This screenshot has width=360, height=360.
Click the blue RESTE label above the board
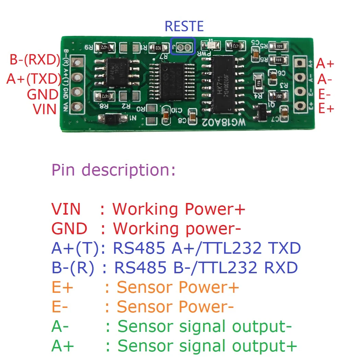[184, 26]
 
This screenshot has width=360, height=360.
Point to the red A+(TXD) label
[34, 79]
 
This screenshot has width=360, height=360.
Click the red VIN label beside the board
[45, 109]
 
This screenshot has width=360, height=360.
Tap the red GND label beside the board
[43, 94]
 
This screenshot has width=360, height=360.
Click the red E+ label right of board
[326, 109]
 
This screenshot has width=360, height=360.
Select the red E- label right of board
[325, 94]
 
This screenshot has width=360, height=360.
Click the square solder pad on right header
[300, 62]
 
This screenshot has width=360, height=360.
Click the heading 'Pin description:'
[113, 170]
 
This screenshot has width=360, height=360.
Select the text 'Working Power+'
[179, 209]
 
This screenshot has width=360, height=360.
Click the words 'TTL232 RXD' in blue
[249, 268]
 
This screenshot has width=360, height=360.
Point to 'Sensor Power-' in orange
[175, 307]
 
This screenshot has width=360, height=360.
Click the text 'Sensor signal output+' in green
[207, 346]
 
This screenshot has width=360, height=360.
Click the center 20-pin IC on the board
[171, 81]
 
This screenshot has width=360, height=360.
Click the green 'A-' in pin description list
[60, 327]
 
